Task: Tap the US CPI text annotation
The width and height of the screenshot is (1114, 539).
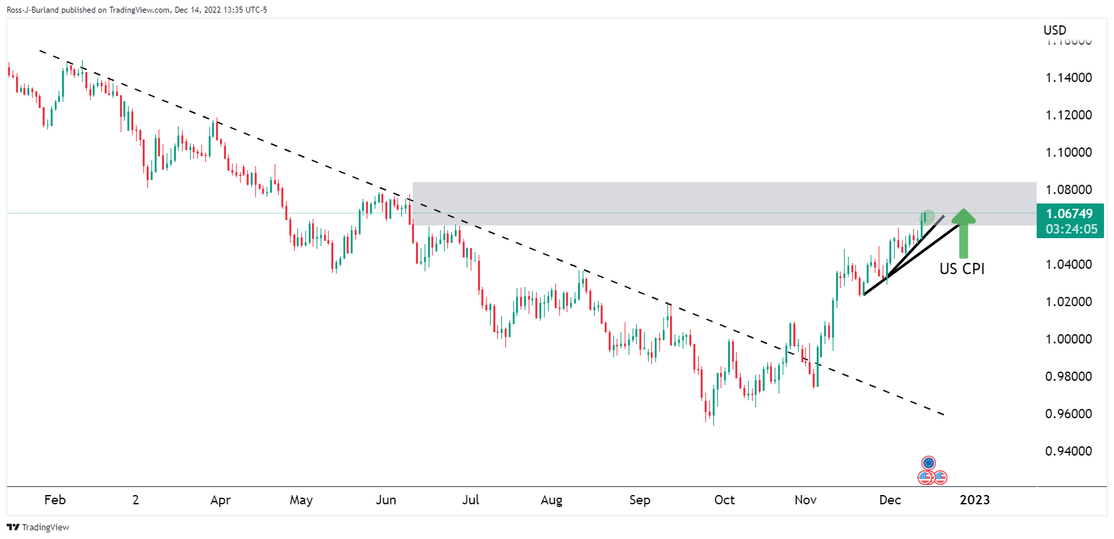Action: tap(961, 269)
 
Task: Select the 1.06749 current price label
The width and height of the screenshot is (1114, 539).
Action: tap(1069, 213)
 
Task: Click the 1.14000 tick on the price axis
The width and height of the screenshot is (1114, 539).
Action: tap(1068, 77)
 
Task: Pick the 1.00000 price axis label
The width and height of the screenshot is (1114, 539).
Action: tap(1068, 339)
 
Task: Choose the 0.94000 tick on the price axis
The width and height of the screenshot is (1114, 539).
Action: tap(1068, 451)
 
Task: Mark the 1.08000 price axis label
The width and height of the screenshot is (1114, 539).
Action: tap(1068, 189)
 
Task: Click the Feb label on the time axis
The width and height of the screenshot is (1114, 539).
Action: tap(55, 500)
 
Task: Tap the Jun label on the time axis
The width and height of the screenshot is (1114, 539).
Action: tap(385, 500)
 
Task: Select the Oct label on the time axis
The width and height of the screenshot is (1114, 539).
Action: tap(724, 500)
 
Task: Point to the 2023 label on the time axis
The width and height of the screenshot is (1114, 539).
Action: tap(974, 500)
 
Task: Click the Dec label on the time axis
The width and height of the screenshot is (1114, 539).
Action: tap(889, 500)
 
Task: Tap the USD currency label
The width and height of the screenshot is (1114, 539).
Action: tap(1055, 30)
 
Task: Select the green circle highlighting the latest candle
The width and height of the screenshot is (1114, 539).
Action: tap(927, 217)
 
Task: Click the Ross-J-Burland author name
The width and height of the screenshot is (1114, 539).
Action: tap(33, 10)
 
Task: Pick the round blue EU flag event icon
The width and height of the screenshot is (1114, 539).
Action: tap(929, 463)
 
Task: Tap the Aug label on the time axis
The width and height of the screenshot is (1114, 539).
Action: tap(551, 500)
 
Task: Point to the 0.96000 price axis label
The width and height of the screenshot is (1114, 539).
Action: tap(1068, 414)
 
